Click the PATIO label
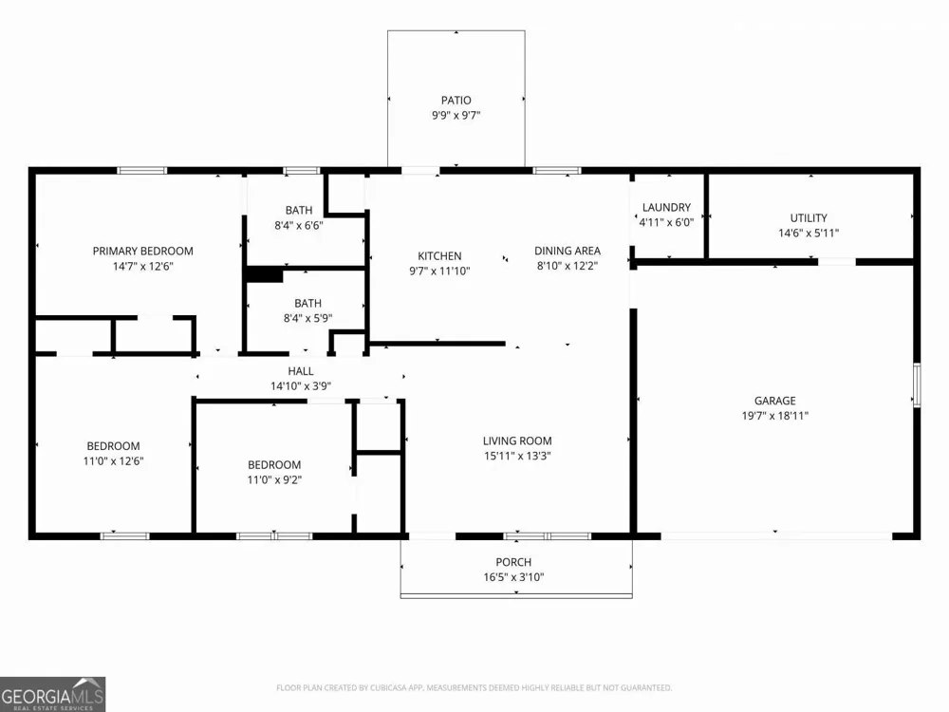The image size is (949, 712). pyautogui.click(x=456, y=100)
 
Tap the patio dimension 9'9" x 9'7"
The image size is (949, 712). pyautogui.click(x=456, y=115)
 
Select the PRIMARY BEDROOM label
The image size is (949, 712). pyautogui.click(x=143, y=251)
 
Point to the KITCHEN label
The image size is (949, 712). pyautogui.click(x=439, y=256)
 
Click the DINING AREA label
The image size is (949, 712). pyautogui.click(x=568, y=251)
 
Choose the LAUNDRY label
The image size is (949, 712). pyautogui.click(x=666, y=207)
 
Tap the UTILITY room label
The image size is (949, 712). pyautogui.click(x=809, y=218)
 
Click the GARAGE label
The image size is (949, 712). pyautogui.click(x=774, y=401)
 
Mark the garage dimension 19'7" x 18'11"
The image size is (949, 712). pyautogui.click(x=774, y=416)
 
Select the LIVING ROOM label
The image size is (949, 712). pyautogui.click(x=517, y=440)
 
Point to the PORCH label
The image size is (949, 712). pyautogui.click(x=513, y=562)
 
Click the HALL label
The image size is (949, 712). pyautogui.click(x=301, y=371)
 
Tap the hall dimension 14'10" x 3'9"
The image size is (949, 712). pyautogui.click(x=301, y=386)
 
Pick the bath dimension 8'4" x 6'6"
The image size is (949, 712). pyautogui.click(x=298, y=225)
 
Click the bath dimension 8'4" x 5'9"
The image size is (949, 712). pyautogui.click(x=307, y=318)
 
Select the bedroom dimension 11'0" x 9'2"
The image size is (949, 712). pyautogui.click(x=274, y=480)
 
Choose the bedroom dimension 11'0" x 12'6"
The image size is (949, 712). pyautogui.click(x=113, y=461)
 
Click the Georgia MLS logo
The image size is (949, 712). pyautogui.click(x=52, y=695)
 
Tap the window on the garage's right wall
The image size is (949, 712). pyautogui.click(x=917, y=384)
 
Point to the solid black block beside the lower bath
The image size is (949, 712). pyautogui.click(x=265, y=275)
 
